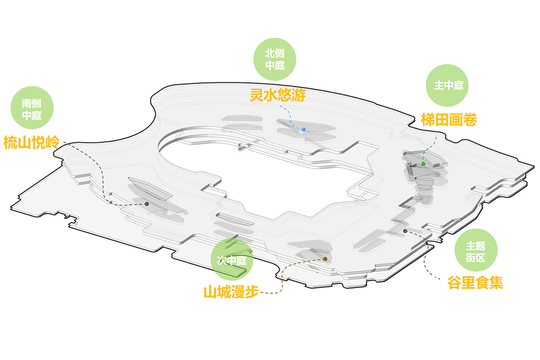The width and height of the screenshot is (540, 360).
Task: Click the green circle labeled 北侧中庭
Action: pos(275,59)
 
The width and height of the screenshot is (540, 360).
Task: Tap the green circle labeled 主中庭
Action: pos(449,85)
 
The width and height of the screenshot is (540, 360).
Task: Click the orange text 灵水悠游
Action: pos(277,94)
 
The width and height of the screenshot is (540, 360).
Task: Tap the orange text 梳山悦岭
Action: pos(31,143)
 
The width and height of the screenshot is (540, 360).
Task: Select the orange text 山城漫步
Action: pos(230,293)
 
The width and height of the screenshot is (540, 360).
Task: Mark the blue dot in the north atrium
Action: pos(304,130)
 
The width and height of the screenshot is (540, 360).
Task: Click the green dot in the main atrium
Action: pos(424,164)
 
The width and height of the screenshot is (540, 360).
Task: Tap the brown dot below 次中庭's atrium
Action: pos(325,259)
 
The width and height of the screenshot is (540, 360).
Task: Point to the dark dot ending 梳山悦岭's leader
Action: pos(146,204)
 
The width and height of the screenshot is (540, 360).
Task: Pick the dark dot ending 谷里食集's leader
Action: pos(406,231)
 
